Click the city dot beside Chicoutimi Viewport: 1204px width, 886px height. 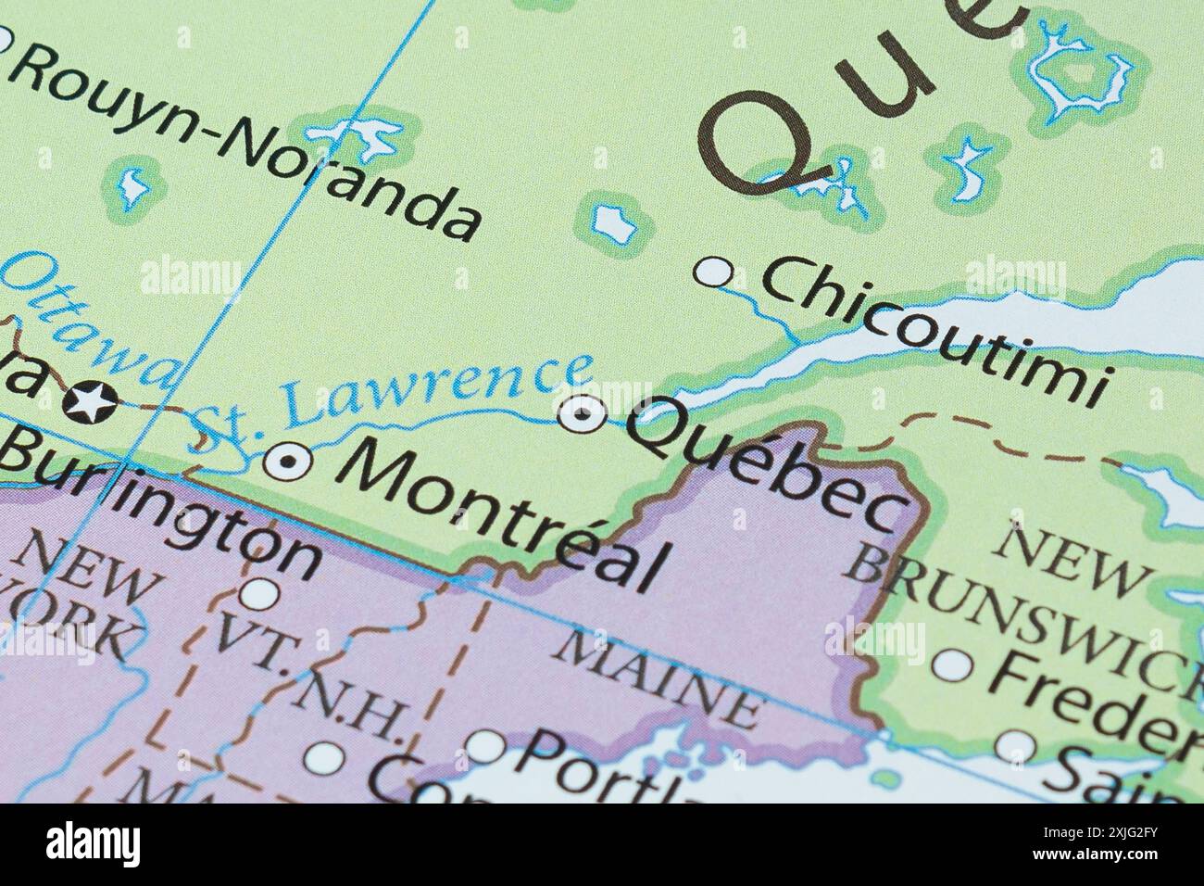click(x=714, y=272)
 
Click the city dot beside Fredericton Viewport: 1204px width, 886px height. click(x=953, y=664)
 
